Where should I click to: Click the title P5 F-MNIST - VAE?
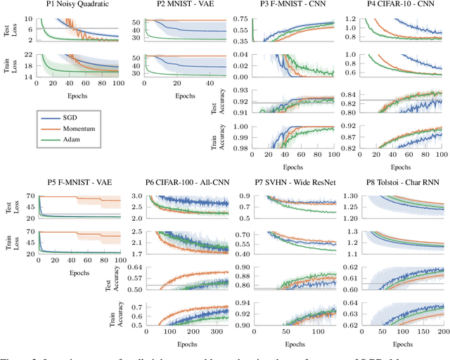pyautogui.click(x=73, y=181)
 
